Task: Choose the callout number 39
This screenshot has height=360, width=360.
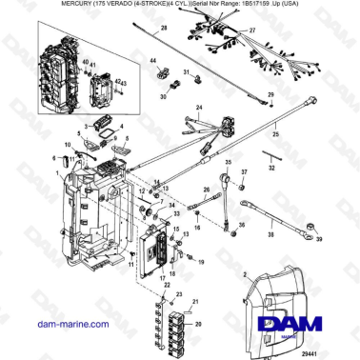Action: pos(319,242)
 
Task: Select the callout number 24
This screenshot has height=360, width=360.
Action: pos(198,109)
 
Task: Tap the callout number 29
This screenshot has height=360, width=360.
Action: pos(270,95)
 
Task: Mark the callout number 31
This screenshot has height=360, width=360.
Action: pos(188,73)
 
